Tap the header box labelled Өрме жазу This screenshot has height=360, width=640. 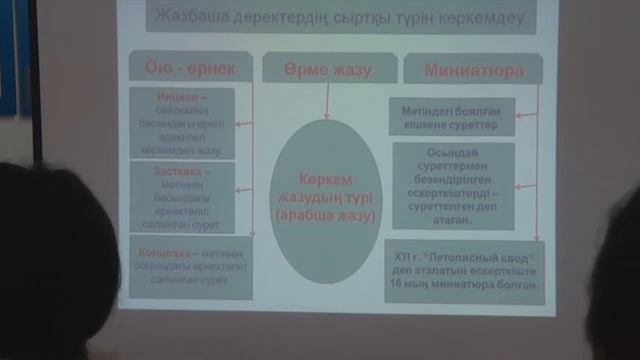(326, 70)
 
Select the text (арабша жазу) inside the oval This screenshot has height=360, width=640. (325, 215)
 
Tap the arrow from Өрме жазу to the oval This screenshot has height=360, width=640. (327, 101)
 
